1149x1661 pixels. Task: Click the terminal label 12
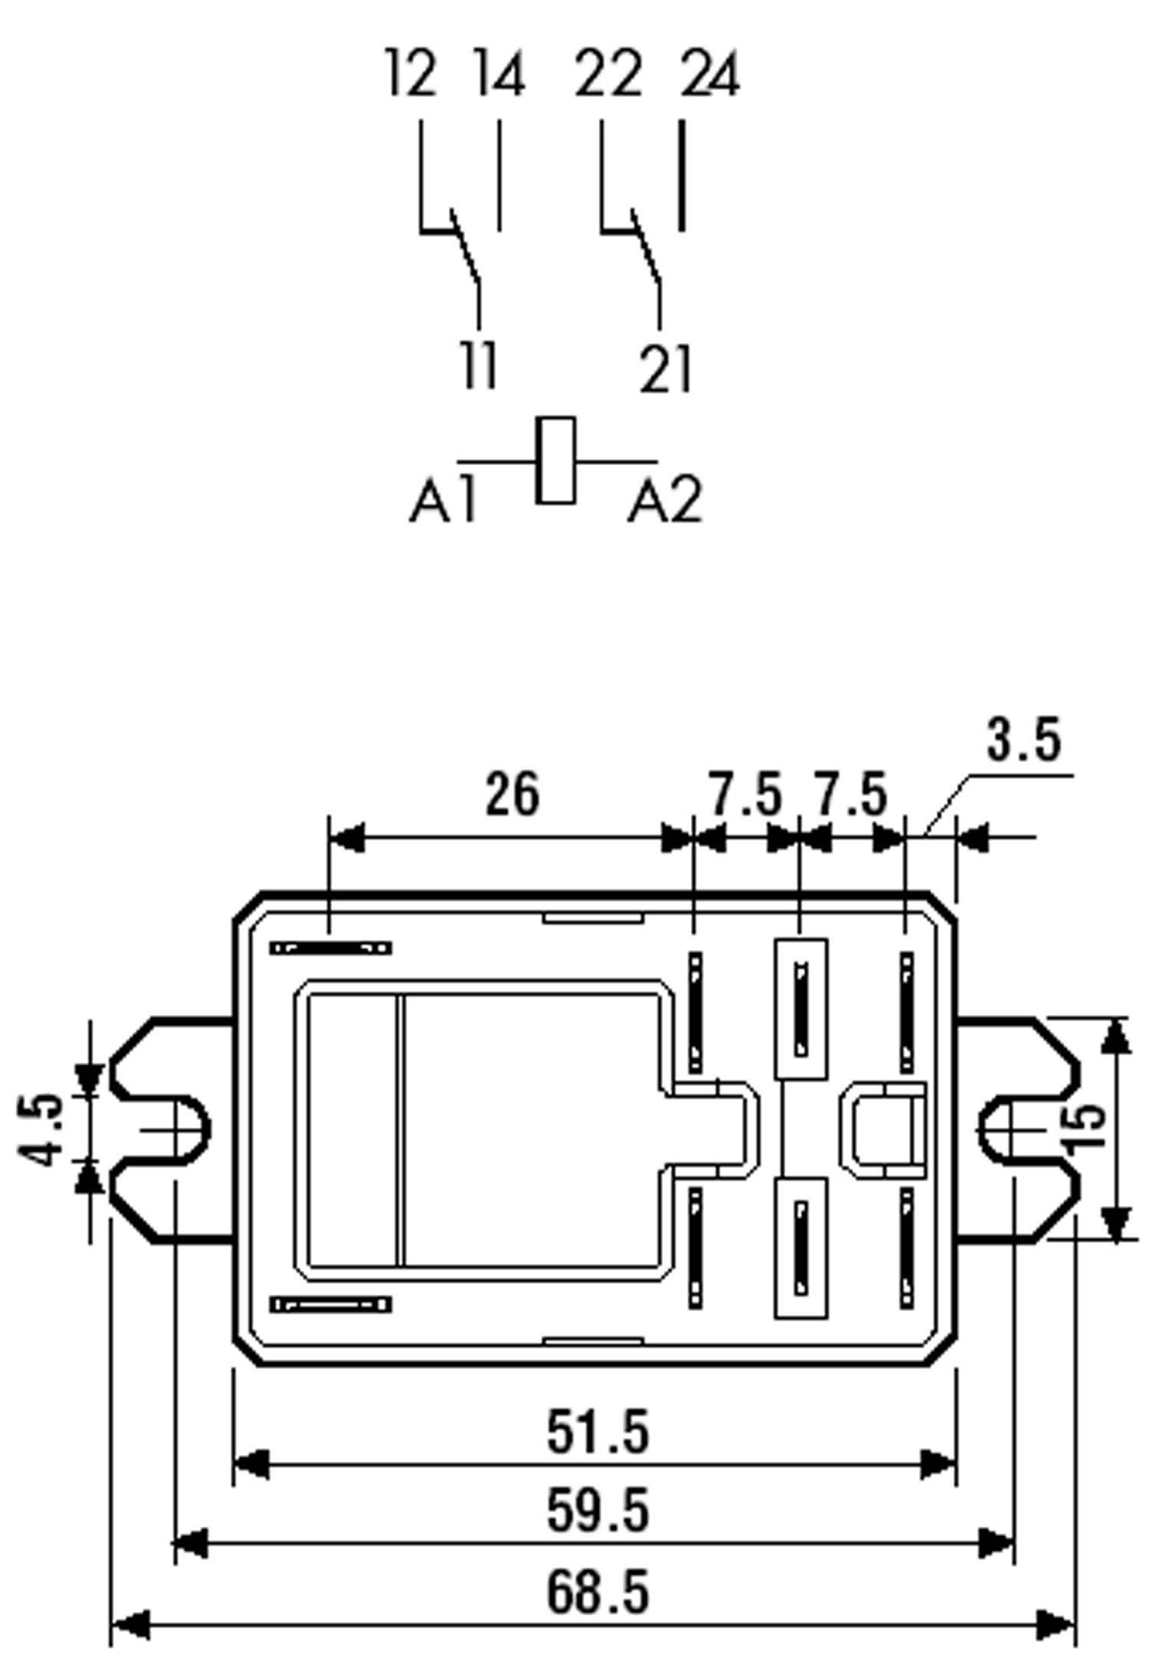[411, 74]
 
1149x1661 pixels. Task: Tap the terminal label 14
[499, 74]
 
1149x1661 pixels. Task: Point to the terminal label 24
[709, 74]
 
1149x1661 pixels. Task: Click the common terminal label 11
[478, 366]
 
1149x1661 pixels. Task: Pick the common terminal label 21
[665, 369]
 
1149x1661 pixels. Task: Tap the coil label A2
[664, 501]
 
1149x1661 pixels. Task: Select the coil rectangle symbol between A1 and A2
[555, 460]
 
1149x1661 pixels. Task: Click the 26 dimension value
[512, 794]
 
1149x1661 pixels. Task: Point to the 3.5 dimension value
[1023, 741]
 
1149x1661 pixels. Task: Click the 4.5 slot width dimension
[40, 1130]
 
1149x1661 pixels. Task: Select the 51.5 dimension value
[597, 1432]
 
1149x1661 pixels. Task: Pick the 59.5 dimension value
[597, 1510]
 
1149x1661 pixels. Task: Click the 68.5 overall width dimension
[597, 1591]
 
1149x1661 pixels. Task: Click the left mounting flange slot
[178, 1130]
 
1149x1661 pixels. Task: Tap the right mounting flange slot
[1010, 1130]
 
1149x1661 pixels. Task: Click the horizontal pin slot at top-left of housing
[330, 948]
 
